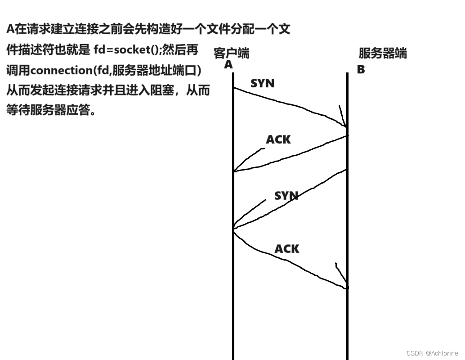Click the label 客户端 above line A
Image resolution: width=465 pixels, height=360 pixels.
(231, 54)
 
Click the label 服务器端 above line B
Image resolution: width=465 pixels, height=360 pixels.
(382, 54)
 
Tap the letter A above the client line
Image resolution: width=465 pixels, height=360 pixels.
(228, 65)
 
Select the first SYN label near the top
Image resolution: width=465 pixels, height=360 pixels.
(262, 83)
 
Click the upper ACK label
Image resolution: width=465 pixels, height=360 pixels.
(278, 140)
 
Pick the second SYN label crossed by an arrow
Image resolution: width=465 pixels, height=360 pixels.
(286, 196)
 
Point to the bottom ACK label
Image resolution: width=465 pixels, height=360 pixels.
(287, 248)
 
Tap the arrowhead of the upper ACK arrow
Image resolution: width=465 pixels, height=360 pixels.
(235, 170)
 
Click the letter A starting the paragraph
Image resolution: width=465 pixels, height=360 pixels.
(10, 30)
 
